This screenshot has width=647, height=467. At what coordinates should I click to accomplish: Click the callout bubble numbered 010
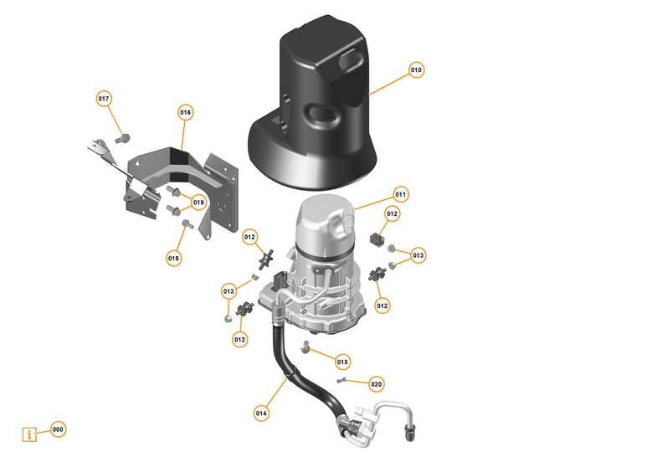[417, 69]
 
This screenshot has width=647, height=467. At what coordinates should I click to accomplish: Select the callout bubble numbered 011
[400, 194]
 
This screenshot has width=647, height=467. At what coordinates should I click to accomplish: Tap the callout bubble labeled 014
[261, 412]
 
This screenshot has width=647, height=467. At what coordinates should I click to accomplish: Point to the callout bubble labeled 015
[342, 362]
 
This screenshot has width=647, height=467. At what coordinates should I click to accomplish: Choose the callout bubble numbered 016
[185, 112]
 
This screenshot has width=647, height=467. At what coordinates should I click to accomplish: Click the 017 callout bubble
[104, 99]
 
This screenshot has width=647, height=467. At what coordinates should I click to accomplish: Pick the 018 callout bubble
[173, 259]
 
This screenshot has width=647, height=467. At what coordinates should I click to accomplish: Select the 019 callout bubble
[198, 203]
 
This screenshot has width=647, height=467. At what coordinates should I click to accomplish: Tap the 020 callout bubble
[376, 384]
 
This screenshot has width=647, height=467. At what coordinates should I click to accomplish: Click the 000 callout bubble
[58, 429]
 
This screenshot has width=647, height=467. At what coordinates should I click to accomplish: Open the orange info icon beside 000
[31, 434]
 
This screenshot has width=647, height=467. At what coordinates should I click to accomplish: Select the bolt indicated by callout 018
[186, 225]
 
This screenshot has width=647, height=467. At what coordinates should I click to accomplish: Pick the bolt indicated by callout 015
[306, 346]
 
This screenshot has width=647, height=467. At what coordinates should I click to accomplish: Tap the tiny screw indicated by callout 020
[341, 381]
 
